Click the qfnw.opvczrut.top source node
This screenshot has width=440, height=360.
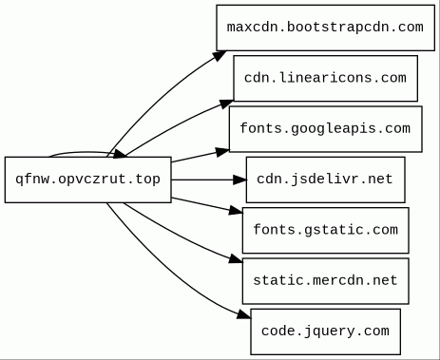(87, 180)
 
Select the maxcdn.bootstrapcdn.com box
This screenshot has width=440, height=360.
(325, 27)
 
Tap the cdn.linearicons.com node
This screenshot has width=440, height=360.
(325, 78)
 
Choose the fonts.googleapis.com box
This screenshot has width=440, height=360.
(325, 128)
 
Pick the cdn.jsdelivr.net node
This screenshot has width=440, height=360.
(325, 180)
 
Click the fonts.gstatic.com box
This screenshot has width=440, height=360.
(325, 230)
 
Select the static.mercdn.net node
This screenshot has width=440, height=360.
(325, 281)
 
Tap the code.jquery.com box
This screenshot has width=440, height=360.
(325, 332)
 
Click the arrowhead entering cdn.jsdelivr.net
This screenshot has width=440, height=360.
(239, 180)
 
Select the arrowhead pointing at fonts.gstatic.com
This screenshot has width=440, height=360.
(235, 211)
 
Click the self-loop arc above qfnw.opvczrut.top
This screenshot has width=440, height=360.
(76, 151)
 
